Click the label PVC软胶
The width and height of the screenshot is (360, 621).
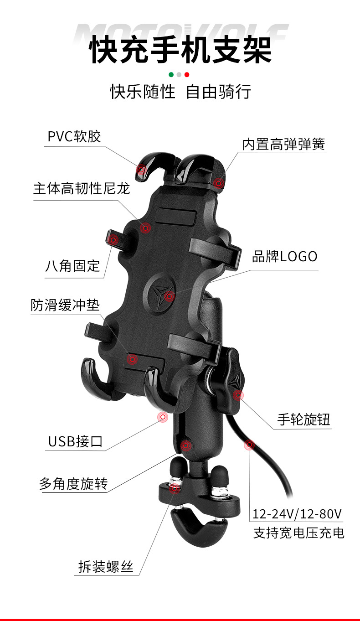[74, 136]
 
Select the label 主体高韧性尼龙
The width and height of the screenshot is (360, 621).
[82, 188]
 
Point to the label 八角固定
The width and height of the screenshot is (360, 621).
[72, 266]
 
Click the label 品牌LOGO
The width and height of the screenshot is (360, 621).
[285, 256]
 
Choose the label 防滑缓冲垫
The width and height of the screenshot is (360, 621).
[65, 305]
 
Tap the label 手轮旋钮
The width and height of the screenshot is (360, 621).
[303, 419]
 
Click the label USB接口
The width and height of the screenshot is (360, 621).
[76, 441]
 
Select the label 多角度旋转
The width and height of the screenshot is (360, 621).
[73, 484]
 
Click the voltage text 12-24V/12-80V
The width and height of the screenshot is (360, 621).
[297, 514]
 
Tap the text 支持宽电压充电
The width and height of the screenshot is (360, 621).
[299, 533]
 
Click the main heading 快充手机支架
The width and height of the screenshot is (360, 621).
[180, 50]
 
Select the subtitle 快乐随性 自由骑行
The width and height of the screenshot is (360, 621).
[180, 91]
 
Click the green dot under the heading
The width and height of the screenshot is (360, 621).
[171, 74]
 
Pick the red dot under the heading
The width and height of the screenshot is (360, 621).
[187, 74]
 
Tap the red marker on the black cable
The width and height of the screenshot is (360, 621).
[249, 444]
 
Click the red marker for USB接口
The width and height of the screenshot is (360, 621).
[162, 417]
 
